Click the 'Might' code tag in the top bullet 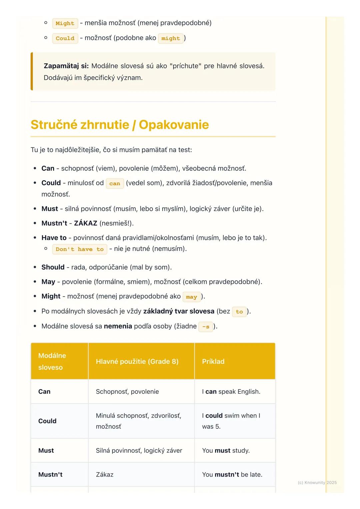[x=65, y=23]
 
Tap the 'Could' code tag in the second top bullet [x=65, y=38]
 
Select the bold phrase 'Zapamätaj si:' [x=66, y=66]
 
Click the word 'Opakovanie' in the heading [x=174, y=125]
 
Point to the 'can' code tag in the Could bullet [x=115, y=184]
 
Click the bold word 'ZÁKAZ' [x=85, y=223]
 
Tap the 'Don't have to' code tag [x=80, y=249]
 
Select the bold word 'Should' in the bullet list [x=53, y=267]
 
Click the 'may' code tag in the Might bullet [x=191, y=297]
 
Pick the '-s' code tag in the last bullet [x=206, y=327]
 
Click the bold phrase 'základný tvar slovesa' [x=179, y=311]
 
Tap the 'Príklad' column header [x=213, y=361]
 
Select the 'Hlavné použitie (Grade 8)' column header [x=137, y=361]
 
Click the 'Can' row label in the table [x=44, y=391]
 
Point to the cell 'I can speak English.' [x=231, y=391]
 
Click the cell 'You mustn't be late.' [x=232, y=474]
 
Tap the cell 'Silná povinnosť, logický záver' [x=139, y=450]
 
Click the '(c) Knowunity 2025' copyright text [x=317, y=482]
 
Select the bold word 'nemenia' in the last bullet [x=118, y=326]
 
